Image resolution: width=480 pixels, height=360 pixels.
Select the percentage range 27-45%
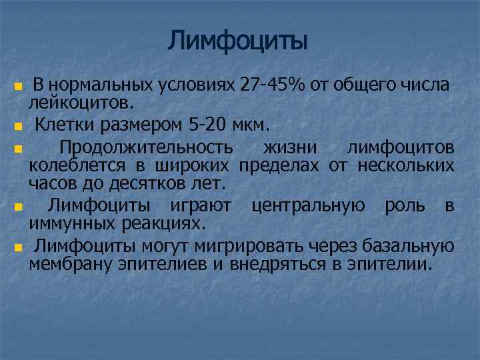pos(273,86)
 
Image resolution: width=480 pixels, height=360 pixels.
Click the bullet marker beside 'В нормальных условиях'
pos(18,87)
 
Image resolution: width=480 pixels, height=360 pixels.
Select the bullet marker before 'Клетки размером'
pos(18,125)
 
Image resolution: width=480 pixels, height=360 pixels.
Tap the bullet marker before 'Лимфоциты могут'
pos(18,247)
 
